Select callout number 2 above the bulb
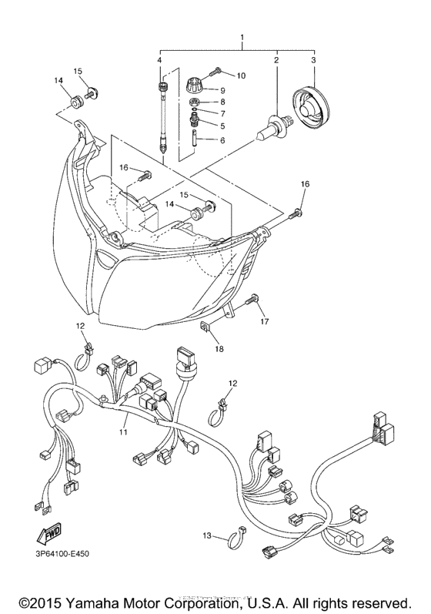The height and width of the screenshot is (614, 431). [276, 59]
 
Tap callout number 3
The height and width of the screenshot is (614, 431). [313, 59]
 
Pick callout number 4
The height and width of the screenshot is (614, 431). [159, 59]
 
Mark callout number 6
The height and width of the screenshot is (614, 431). [222, 140]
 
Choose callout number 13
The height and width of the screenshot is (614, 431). [207, 535]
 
